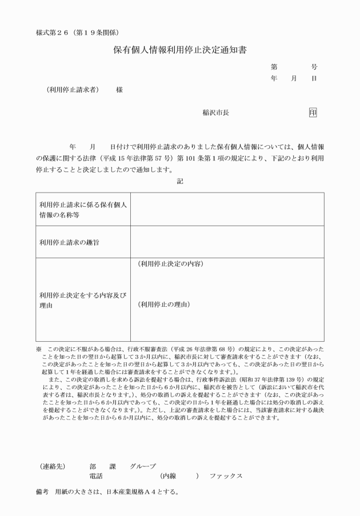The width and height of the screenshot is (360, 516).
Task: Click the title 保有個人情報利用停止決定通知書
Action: click(x=180, y=50)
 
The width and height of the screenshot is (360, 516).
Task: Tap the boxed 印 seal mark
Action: click(x=313, y=113)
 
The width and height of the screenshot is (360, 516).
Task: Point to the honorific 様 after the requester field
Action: click(x=119, y=90)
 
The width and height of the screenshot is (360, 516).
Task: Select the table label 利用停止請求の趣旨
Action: click(x=67, y=242)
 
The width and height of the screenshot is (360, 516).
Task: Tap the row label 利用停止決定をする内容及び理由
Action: click(x=83, y=300)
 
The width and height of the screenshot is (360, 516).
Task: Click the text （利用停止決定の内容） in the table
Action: click(x=170, y=264)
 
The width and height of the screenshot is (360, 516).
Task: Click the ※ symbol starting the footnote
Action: click(x=39, y=349)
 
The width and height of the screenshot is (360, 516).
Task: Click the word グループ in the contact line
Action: click(x=143, y=466)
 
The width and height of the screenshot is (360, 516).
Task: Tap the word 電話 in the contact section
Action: click(x=96, y=476)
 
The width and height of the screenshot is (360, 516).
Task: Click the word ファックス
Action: click(x=226, y=476)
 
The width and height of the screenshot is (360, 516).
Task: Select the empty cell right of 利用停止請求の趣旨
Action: click(x=227, y=242)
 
